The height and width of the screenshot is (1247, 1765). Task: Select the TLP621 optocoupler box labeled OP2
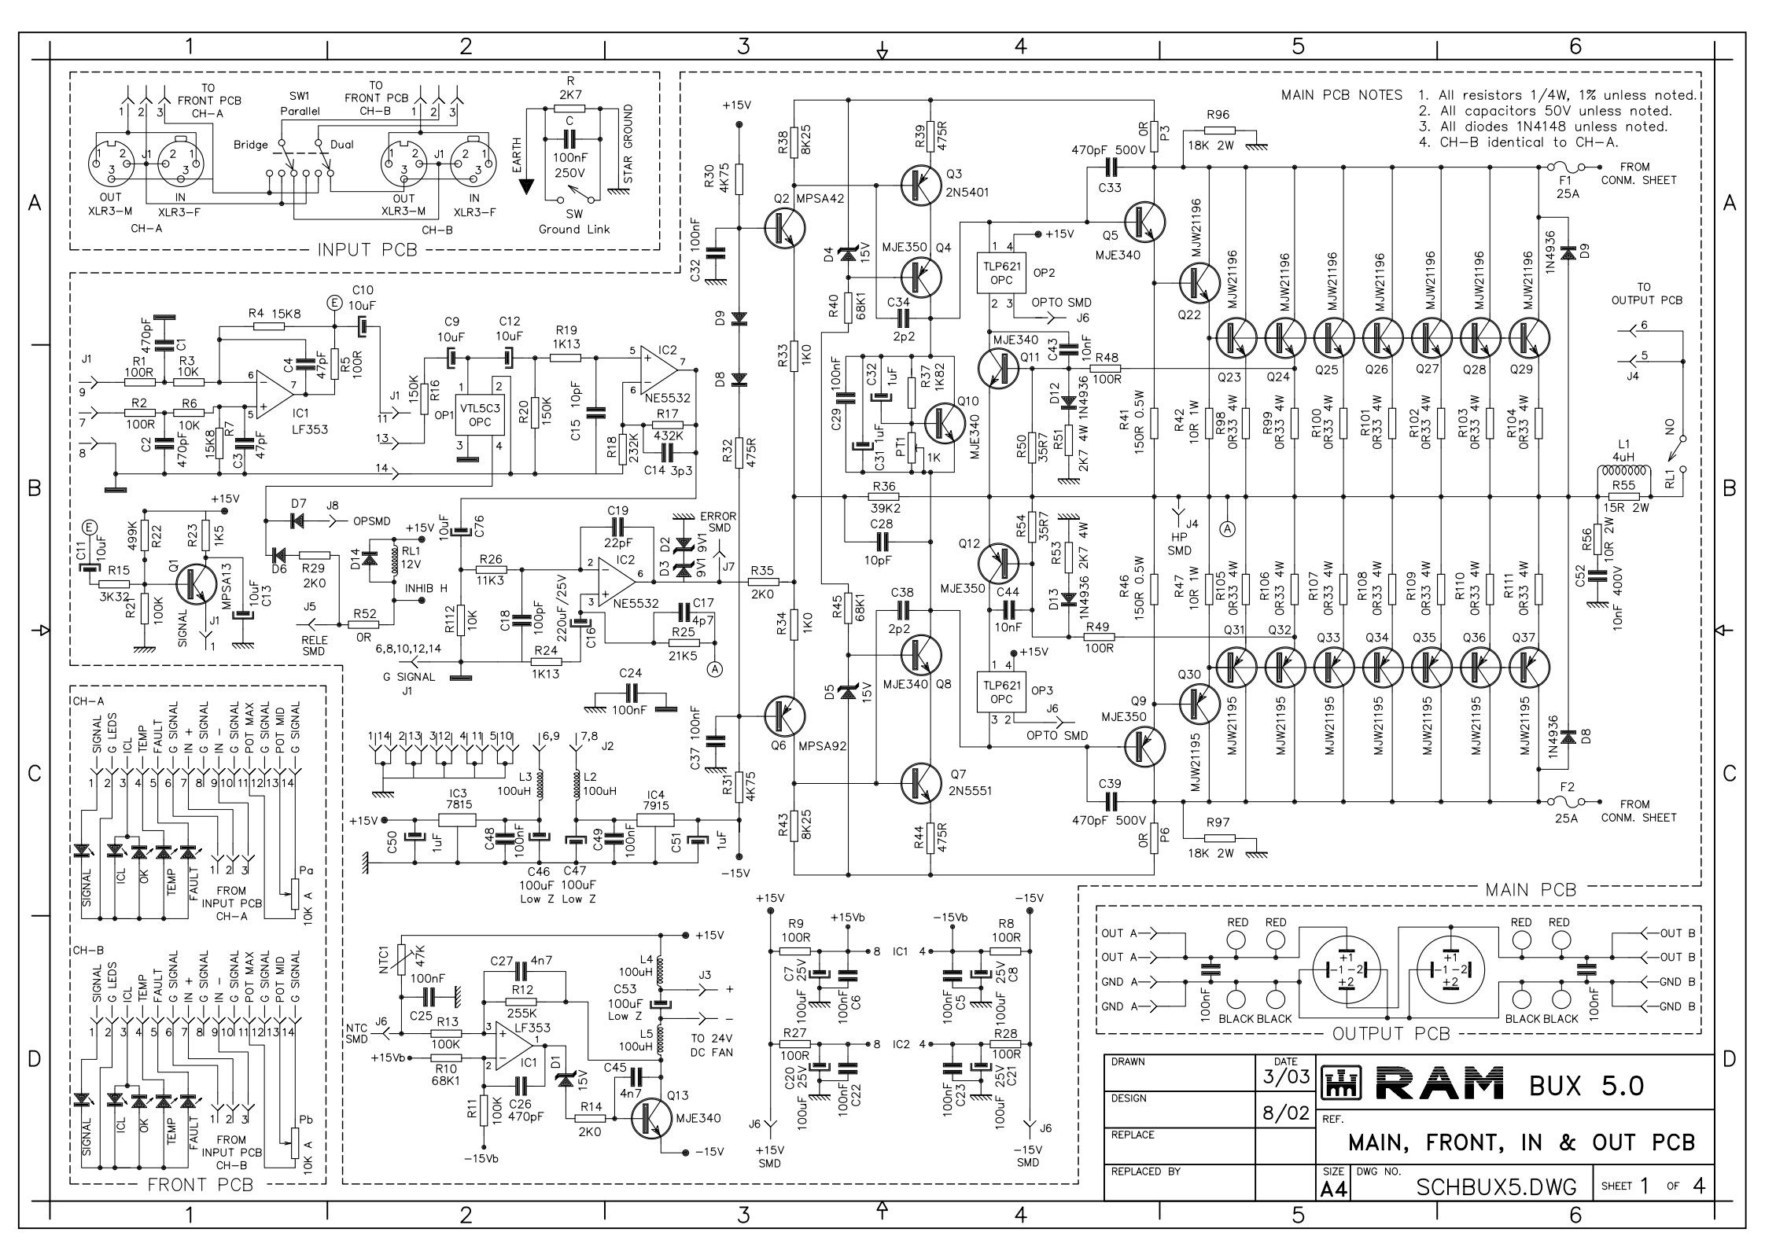pos(1001,273)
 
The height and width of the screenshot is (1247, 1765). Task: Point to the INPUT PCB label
pos(367,250)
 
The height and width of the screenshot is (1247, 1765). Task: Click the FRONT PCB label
pos(201,1184)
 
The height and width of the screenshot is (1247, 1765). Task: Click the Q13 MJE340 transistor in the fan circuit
pos(652,1118)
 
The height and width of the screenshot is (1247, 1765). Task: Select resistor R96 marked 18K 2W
pos(1218,131)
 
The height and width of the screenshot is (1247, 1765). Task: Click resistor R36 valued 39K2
pos(885,497)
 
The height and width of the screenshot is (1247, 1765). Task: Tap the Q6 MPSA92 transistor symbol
pos(784,716)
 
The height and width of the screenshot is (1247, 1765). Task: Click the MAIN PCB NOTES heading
pos(1342,95)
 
